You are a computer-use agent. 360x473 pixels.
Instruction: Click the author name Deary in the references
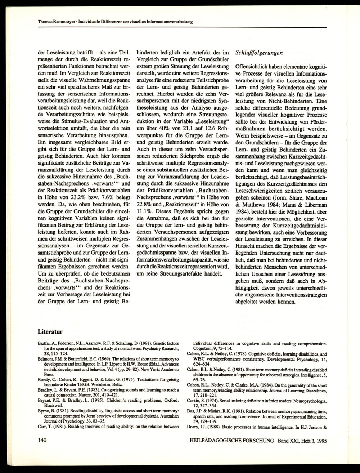[x=194, y=428]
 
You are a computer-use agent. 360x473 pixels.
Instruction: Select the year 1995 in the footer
[x=320, y=440]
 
